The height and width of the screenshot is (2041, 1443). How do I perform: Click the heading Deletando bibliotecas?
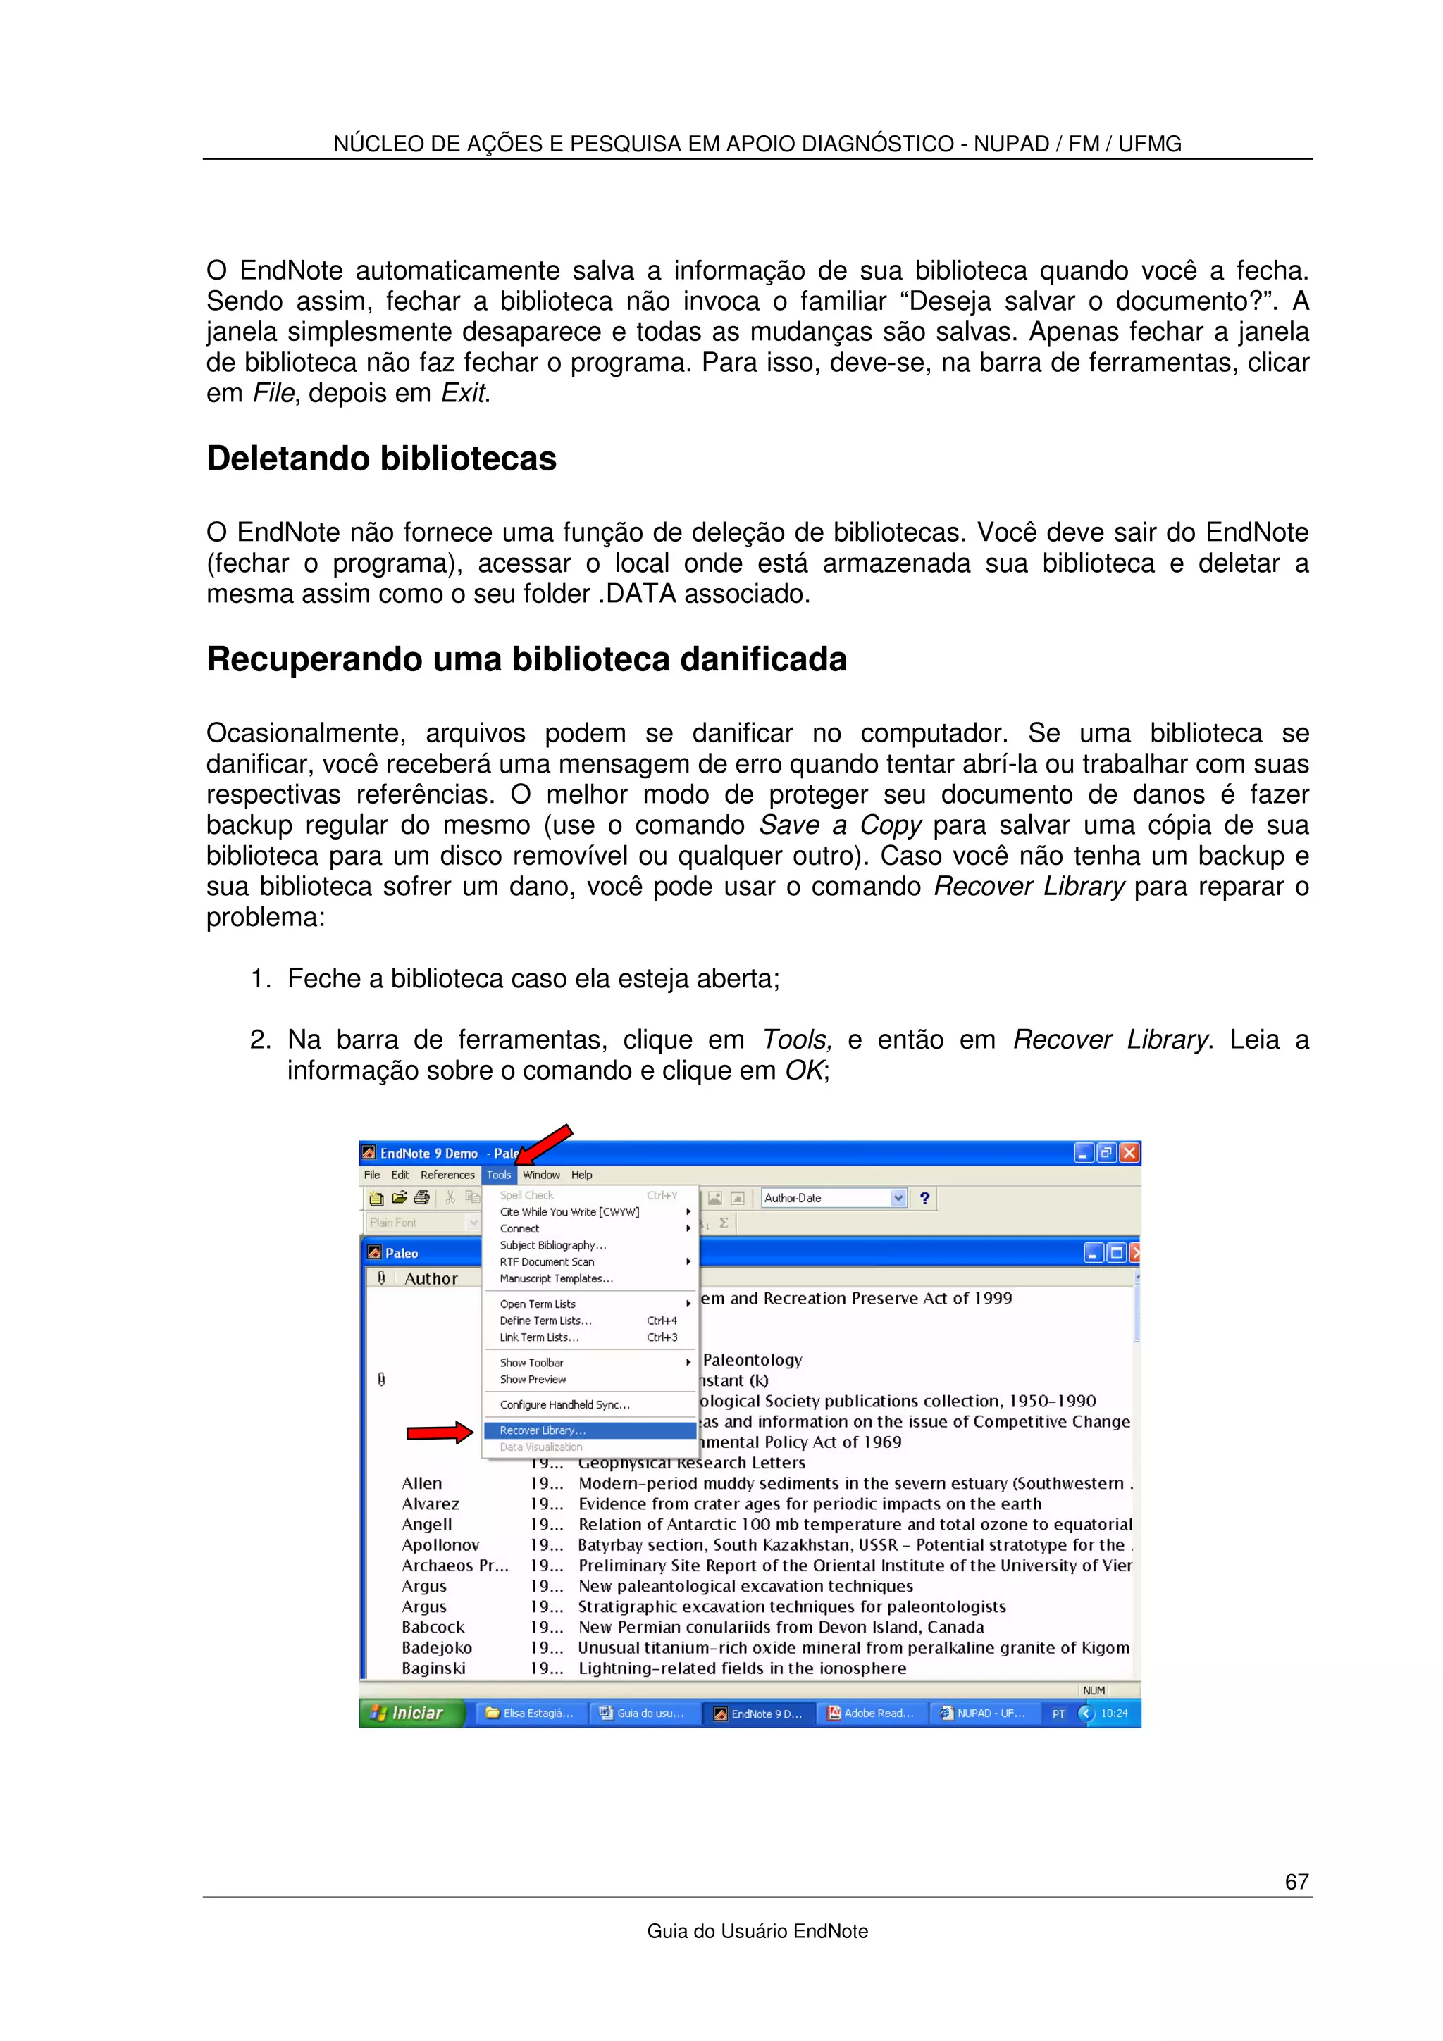(381, 458)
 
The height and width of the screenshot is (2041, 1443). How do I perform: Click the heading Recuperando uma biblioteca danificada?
(526, 660)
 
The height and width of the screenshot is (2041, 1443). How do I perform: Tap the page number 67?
(1296, 1881)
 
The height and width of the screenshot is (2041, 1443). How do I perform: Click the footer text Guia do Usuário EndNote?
(757, 1930)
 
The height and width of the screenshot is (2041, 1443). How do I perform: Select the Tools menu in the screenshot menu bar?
(499, 1175)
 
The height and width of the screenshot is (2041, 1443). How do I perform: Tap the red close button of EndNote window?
(1129, 1153)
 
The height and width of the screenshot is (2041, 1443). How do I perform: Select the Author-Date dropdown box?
(833, 1198)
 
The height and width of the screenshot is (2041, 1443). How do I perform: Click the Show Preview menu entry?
(533, 1380)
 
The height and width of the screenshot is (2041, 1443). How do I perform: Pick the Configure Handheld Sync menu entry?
(564, 1404)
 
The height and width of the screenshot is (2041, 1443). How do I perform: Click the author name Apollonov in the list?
(440, 1545)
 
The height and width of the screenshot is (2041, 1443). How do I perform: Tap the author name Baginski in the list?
(433, 1668)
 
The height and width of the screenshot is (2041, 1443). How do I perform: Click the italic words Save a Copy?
(840, 825)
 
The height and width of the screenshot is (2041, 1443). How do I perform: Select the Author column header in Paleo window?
(431, 1278)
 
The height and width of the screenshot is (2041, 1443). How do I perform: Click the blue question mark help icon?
(924, 1198)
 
